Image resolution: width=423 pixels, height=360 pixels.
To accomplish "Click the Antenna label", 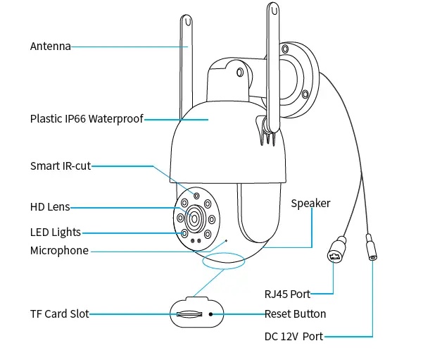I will [x=50, y=46].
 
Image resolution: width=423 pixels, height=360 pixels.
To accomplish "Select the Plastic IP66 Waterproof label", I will [x=86, y=119].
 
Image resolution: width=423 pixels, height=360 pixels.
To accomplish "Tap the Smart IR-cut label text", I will [x=60, y=166].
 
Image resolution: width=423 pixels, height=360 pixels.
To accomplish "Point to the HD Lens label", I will [x=49, y=207].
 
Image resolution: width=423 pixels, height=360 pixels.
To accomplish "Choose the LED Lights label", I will [x=55, y=232].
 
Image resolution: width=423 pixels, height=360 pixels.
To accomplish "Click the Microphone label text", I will [x=59, y=251].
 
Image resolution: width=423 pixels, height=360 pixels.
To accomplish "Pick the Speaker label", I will [x=310, y=204].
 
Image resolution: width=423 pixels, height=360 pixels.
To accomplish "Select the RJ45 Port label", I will [x=286, y=294].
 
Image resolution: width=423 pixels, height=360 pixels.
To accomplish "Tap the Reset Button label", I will [x=295, y=314].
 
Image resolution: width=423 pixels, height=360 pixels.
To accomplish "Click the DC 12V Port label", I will [x=293, y=337].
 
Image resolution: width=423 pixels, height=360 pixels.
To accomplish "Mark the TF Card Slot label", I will [x=59, y=314].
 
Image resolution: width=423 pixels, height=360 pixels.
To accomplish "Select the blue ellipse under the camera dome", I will [x=223, y=263].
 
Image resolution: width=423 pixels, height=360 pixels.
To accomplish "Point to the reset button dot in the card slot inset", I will [x=210, y=314].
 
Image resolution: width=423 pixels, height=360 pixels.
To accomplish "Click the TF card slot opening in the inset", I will [x=190, y=314].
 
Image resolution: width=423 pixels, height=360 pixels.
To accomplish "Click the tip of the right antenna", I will [x=272, y=10].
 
